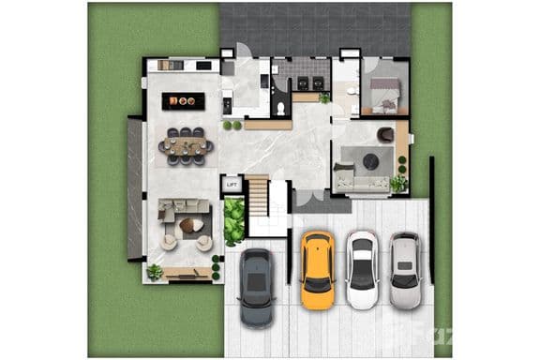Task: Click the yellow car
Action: [317, 270]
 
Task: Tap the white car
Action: [361, 269]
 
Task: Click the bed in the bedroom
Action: [385, 94]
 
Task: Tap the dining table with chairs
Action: [186, 145]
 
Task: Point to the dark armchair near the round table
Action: [385, 136]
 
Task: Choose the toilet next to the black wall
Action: [281, 109]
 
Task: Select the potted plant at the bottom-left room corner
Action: [155, 271]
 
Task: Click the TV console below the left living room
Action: [187, 273]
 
